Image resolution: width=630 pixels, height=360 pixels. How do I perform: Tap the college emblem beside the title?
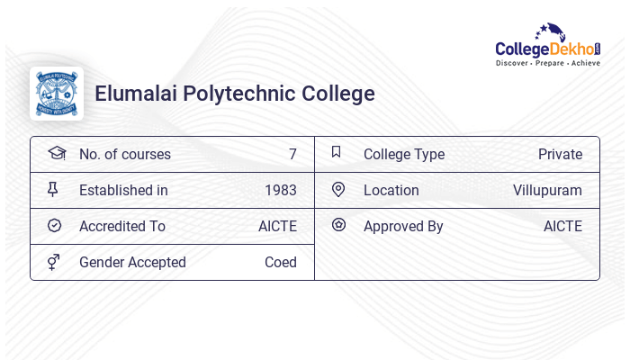[57, 94]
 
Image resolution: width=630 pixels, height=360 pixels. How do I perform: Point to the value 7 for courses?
[292, 155]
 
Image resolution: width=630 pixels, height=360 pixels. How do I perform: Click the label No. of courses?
[125, 155]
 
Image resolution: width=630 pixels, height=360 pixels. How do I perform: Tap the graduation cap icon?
[56, 154]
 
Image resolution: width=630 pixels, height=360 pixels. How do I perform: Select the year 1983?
[281, 191]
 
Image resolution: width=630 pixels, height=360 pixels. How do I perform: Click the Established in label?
[123, 191]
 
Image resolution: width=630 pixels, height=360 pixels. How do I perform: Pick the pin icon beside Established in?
[53, 190]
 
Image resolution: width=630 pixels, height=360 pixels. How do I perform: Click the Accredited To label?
[122, 227]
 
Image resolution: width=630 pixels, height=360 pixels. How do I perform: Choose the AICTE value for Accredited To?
[277, 227]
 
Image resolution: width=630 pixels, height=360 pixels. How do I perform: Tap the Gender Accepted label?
[132, 263]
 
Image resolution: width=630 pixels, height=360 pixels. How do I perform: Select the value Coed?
[281, 263]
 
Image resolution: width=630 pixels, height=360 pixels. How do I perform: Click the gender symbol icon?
[54, 262]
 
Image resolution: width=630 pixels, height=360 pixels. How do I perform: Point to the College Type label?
[404, 155]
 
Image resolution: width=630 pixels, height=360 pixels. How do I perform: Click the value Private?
[560, 155]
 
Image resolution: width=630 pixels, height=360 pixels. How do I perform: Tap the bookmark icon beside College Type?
[337, 152]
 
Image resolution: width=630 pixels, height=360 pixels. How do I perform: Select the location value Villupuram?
[547, 191]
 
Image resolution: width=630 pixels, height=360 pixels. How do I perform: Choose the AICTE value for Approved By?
[562, 227]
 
